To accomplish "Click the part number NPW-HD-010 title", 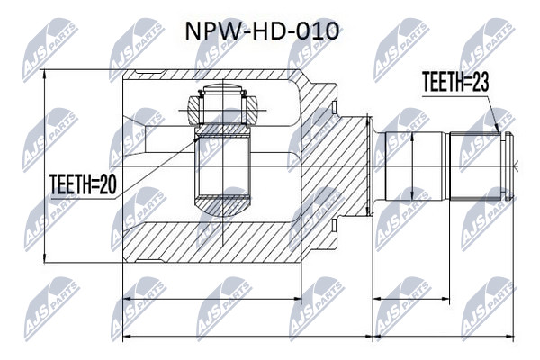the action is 262,31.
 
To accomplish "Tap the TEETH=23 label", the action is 454,82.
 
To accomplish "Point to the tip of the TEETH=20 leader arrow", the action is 199,137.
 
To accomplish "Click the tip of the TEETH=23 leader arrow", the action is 499,133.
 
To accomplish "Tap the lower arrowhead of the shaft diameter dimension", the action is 412,196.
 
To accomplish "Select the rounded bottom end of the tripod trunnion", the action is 223,207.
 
